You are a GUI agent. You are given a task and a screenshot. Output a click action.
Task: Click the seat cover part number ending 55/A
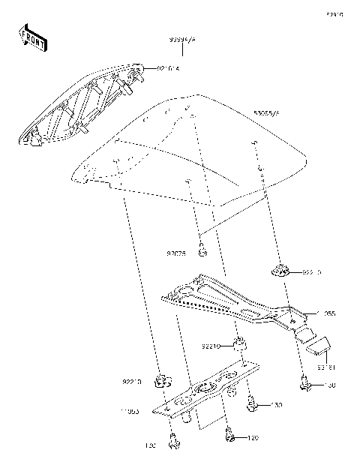click(x=266, y=112)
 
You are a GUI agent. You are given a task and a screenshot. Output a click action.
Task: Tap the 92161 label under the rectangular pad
click(x=325, y=367)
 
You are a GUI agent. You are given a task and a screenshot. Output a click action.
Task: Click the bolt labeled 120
click(x=229, y=433)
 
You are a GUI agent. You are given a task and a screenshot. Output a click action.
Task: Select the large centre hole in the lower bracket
click(x=202, y=389)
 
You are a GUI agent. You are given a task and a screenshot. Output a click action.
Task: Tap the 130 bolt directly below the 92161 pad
click(x=306, y=384)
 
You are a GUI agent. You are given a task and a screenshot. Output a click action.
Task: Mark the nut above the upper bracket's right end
click(x=280, y=270)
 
